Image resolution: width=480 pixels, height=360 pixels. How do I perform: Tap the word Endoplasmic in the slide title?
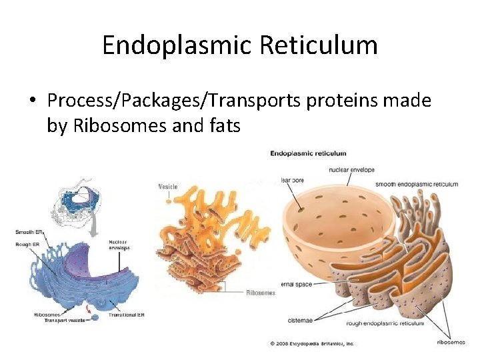pyautogui.click(x=173, y=45)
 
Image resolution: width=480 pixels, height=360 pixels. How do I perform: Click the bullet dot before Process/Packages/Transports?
pyautogui.click(x=32, y=101)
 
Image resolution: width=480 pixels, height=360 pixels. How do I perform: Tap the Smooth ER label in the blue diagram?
pyautogui.click(x=29, y=232)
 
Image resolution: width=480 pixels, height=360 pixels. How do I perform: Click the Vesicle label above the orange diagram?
pyautogui.click(x=167, y=187)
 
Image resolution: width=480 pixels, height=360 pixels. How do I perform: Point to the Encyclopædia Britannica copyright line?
pyautogui.click(x=311, y=343)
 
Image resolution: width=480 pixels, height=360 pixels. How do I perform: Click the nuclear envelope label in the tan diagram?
pyautogui.click(x=351, y=169)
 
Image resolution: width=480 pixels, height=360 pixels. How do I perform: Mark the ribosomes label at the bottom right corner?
pyautogui.click(x=451, y=342)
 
